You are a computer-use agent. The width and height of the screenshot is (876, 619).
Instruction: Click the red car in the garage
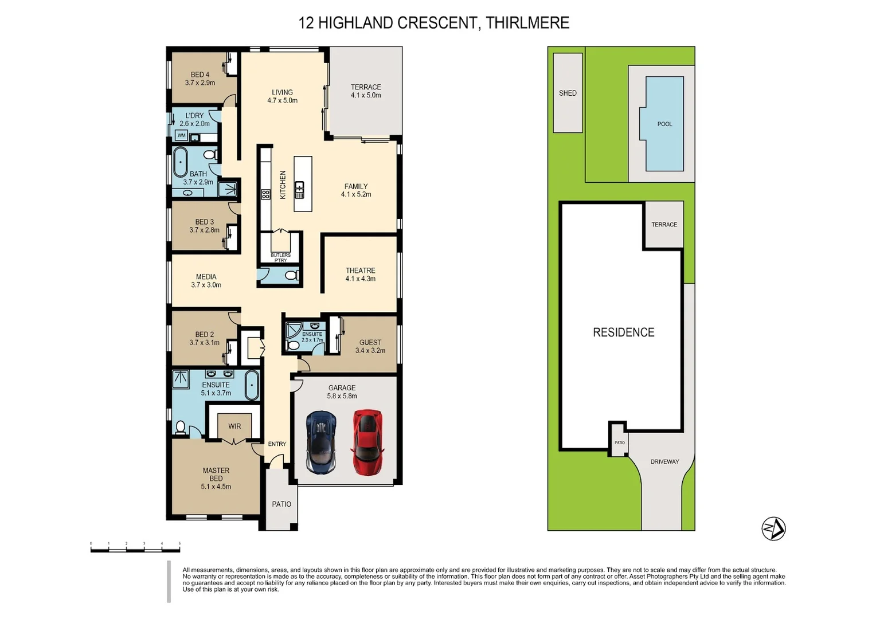click(367, 442)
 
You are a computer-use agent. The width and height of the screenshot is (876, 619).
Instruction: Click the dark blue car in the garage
click(321, 442)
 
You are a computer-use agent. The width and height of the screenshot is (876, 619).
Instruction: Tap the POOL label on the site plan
click(664, 124)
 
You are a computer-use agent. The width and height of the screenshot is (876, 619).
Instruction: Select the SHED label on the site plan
click(568, 93)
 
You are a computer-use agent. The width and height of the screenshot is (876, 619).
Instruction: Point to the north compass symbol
click(773, 528)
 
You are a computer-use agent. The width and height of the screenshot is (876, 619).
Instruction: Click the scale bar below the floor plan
click(135, 550)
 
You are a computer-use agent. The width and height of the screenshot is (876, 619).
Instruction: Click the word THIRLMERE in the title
click(527, 23)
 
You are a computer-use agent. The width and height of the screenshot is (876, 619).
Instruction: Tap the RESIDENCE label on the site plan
click(623, 332)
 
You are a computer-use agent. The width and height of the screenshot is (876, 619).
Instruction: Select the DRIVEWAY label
click(664, 461)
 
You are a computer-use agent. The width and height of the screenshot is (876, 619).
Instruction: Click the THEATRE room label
click(361, 271)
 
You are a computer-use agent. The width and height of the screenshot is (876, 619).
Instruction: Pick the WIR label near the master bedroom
click(234, 426)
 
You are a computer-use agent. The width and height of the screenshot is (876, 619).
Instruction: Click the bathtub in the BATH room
click(181, 162)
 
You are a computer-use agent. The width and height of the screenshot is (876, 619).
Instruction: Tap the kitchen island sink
click(300, 189)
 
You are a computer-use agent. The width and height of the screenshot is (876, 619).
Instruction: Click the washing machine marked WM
click(182, 135)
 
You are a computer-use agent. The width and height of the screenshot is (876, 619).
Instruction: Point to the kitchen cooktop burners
click(265, 194)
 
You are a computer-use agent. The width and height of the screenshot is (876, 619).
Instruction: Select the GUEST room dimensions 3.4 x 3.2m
click(370, 350)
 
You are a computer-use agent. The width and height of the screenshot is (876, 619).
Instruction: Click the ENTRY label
click(277, 444)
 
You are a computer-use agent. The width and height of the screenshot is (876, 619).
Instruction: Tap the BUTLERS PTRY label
click(280, 257)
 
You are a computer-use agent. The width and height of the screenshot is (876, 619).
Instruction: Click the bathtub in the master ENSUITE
click(251, 385)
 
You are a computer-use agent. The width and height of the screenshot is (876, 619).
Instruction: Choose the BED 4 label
click(200, 75)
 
